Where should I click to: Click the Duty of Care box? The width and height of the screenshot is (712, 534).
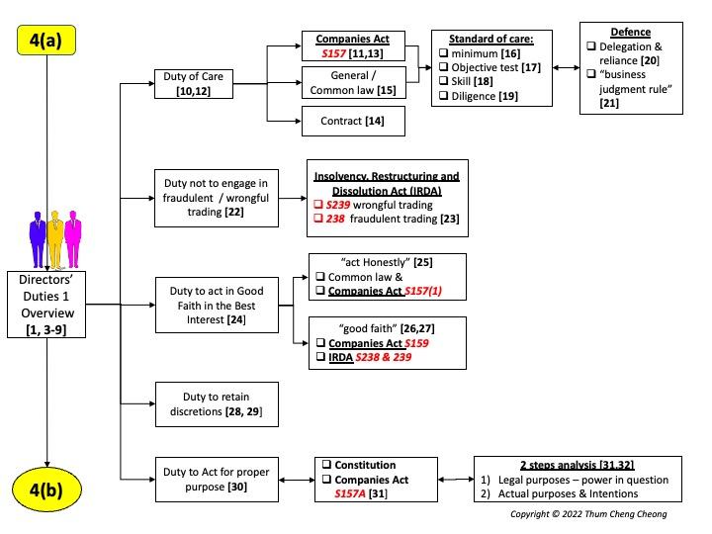pos(195,84)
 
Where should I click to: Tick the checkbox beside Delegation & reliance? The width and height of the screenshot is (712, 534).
pos(590,46)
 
